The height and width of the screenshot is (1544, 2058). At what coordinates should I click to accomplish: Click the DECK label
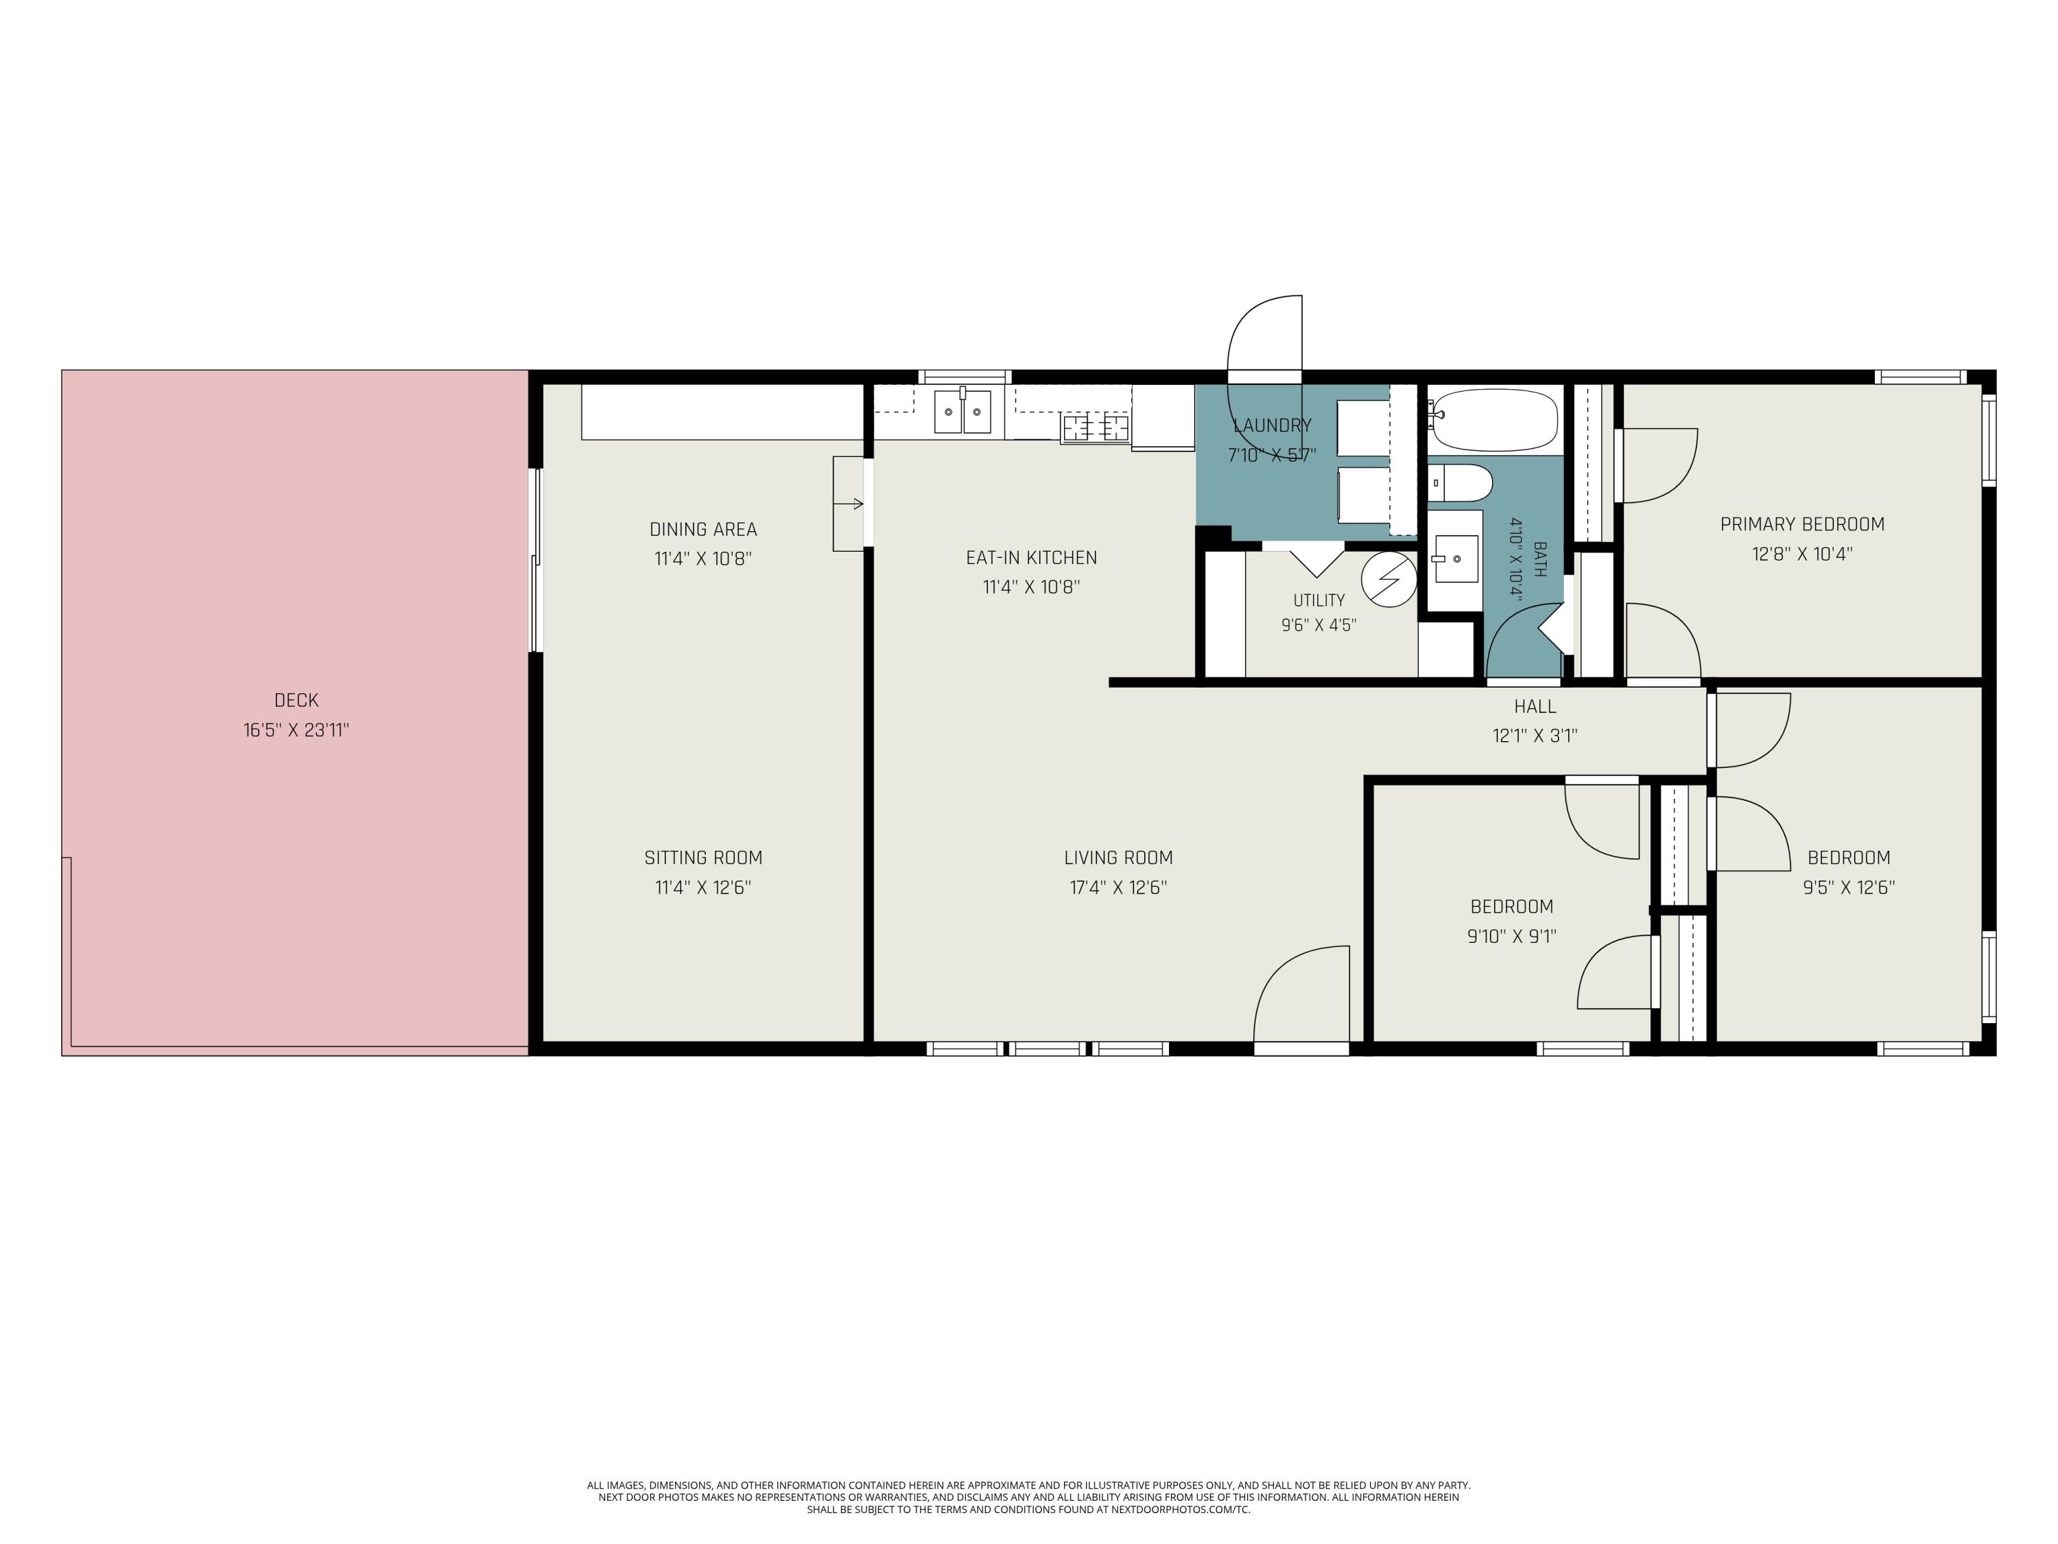tap(296, 700)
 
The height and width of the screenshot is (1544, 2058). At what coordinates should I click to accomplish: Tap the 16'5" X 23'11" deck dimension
tap(296, 729)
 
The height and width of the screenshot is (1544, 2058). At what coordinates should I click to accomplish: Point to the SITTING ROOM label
tap(703, 858)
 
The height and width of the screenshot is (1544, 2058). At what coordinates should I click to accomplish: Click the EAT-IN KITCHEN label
tap(1032, 557)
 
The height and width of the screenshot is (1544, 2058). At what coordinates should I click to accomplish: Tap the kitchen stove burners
tap(1096, 428)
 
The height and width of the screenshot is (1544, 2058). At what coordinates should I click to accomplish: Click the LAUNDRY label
tap(1272, 425)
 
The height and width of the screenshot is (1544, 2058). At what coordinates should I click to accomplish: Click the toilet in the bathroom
tap(1460, 483)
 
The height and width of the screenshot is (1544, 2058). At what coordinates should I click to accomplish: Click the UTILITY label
tap(1319, 600)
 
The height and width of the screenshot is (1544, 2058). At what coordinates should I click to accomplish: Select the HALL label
tap(1535, 706)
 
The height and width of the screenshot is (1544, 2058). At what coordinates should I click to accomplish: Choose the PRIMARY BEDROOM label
tap(1802, 524)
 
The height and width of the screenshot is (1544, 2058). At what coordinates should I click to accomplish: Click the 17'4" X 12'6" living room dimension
tap(1118, 887)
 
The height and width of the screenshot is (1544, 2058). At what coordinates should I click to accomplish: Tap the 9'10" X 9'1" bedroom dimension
tap(1512, 936)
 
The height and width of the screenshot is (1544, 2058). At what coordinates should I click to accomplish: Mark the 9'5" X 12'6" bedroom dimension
tap(1849, 887)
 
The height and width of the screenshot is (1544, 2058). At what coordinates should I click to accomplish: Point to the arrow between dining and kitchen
tap(849, 504)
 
